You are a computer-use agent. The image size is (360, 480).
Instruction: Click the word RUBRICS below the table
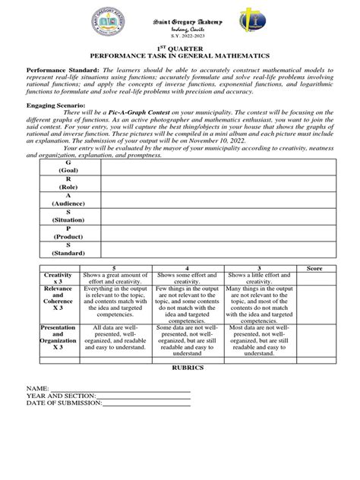pos(180,365)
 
